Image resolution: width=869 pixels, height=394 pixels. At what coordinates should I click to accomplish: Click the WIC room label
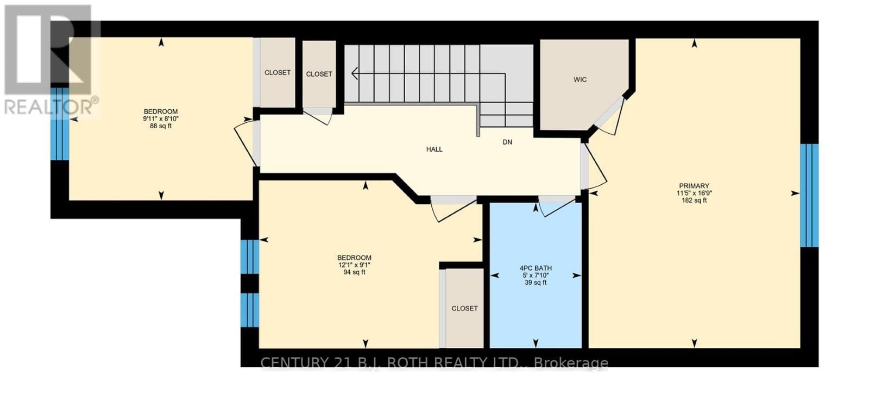pyautogui.click(x=580, y=80)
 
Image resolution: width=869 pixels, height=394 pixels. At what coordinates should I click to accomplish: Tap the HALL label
pyautogui.click(x=434, y=149)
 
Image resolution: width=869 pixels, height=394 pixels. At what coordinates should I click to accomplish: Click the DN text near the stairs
pyautogui.click(x=507, y=142)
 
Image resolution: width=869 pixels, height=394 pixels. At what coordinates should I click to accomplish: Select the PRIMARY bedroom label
pyautogui.click(x=694, y=186)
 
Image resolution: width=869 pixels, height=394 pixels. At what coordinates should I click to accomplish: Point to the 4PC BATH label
pyautogui.click(x=536, y=268)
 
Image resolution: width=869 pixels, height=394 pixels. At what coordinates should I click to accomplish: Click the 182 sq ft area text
pyautogui.click(x=694, y=201)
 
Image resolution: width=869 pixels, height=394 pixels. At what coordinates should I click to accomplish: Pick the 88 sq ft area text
pyautogui.click(x=161, y=126)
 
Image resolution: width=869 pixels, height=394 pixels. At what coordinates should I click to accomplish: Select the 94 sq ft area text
pyautogui.click(x=354, y=272)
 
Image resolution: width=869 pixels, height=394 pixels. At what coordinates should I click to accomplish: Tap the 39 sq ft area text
pyautogui.click(x=536, y=283)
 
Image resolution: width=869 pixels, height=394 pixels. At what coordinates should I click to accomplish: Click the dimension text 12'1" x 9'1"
pyautogui.click(x=354, y=265)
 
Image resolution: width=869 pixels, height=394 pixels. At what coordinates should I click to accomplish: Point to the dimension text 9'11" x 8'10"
pyautogui.click(x=161, y=119)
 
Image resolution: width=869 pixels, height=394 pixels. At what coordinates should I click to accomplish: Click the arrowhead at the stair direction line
pyautogui.click(x=355, y=73)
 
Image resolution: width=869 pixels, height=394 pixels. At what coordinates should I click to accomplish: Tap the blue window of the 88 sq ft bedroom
pyautogui.click(x=59, y=124)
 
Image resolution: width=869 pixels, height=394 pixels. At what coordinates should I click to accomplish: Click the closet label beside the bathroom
pyautogui.click(x=464, y=308)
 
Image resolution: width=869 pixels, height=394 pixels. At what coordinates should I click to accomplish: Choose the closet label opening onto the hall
pyautogui.click(x=319, y=74)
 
